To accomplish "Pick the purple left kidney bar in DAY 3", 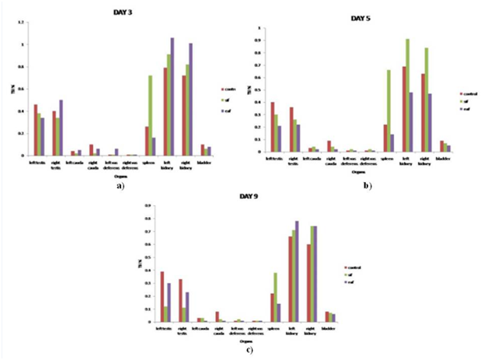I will (172, 96).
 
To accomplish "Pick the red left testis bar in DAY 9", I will (162, 296).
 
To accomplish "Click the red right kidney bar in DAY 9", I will (308, 283).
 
